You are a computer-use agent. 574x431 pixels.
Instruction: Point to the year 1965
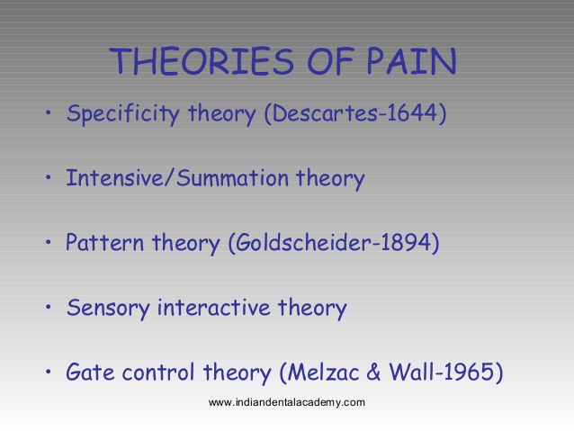point(471,371)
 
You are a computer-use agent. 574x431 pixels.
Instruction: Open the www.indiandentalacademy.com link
point(286,402)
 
